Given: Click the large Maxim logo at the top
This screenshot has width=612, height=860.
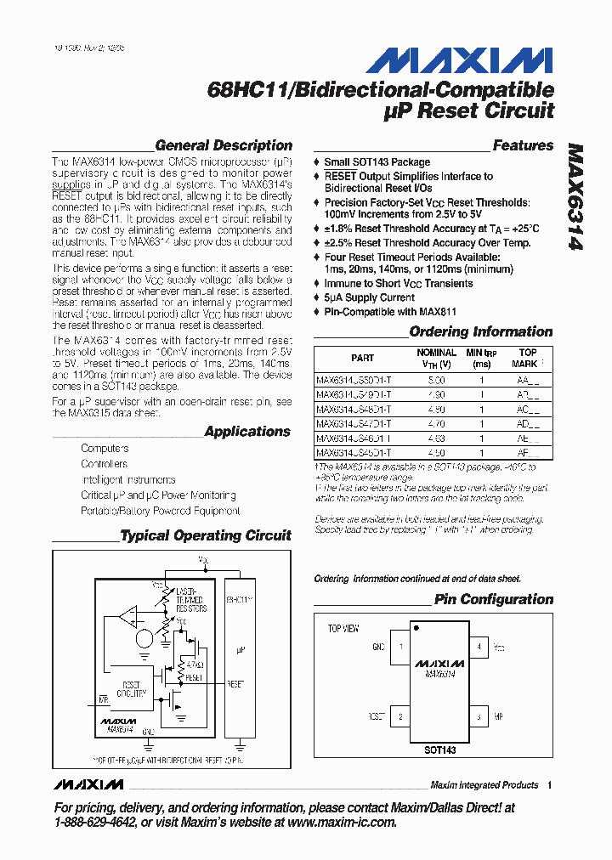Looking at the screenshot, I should click(459, 60).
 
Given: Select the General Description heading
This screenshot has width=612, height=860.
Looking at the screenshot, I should click(224, 145).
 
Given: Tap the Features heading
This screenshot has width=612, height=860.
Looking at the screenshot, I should click(523, 145).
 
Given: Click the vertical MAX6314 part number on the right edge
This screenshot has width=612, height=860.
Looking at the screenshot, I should click(575, 195).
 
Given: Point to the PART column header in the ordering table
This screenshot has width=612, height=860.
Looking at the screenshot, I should click(362, 358).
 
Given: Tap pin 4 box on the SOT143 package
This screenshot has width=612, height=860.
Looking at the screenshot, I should click(480, 648).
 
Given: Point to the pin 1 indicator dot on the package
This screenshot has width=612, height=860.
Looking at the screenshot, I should click(416, 629).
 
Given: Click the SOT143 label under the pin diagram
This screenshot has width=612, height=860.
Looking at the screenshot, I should click(439, 750).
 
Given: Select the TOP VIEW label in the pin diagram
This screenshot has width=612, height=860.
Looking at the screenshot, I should click(343, 629).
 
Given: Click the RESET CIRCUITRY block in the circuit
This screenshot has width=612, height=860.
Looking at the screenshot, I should click(132, 688).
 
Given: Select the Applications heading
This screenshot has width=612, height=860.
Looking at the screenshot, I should click(247, 432).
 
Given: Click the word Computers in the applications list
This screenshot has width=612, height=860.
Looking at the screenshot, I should click(105, 448).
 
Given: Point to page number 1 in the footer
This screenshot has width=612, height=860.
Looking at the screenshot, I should click(551, 785).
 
